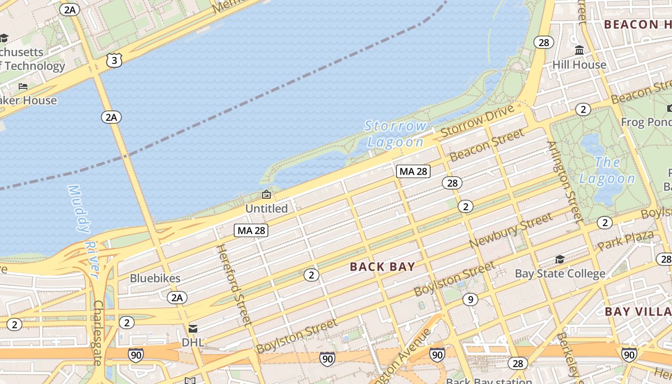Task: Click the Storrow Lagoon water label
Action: tap(396, 134)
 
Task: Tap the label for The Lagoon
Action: tap(607, 170)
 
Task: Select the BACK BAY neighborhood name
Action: tap(382, 267)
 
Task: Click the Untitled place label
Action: tap(266, 208)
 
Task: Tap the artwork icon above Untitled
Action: tap(266, 194)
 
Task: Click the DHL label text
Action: tap(192, 343)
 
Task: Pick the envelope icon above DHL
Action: tap(192, 329)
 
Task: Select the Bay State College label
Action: tap(560, 274)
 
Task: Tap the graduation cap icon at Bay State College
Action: tap(560, 260)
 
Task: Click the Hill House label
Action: tap(579, 64)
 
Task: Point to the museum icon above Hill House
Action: tap(579, 50)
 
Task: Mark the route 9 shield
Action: tap(470, 300)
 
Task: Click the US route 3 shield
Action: tap(114, 60)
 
